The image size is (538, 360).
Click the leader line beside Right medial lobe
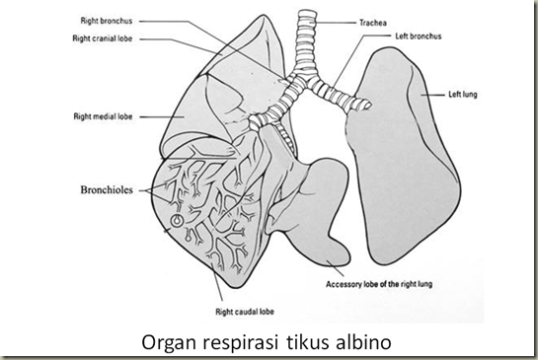[x=149, y=115]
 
